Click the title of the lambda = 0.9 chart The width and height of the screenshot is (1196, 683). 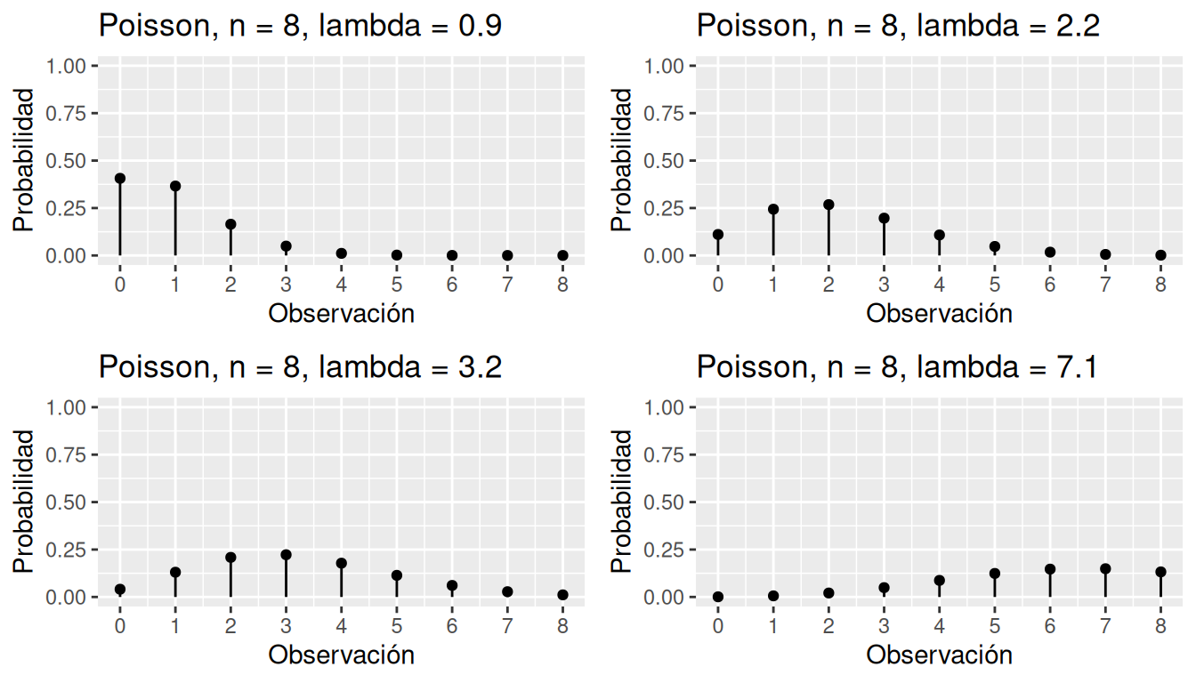pos(300,25)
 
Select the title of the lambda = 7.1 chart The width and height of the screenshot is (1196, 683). pos(898,366)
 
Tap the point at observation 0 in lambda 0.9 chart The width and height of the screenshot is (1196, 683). pos(120,179)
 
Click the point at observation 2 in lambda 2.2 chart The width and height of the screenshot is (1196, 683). pos(828,205)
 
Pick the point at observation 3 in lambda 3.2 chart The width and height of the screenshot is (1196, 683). pos(286,555)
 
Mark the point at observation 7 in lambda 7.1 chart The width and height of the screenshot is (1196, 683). pos(1105,568)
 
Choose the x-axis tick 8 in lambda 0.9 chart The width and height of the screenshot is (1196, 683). pos(562,284)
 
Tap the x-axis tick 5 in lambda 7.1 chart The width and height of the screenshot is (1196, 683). pos(995,625)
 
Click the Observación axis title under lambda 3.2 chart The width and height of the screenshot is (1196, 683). pos(341,655)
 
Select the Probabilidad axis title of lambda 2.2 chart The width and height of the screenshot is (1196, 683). pos(623,160)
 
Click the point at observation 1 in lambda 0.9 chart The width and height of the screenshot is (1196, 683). pos(175,186)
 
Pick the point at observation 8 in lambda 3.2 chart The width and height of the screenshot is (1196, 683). pos(562,595)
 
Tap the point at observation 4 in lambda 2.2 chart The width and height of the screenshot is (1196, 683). pos(939,235)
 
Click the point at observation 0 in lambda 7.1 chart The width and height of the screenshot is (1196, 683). pos(718,597)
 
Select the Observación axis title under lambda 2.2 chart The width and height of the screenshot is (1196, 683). pos(939,313)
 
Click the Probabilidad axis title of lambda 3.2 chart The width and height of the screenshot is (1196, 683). pos(25,502)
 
